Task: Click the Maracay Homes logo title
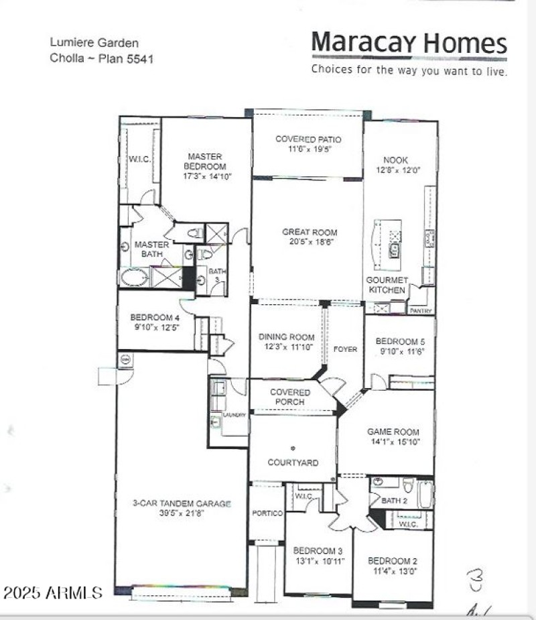coord(409,44)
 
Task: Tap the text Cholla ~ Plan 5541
coord(102,58)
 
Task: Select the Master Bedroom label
coord(205,162)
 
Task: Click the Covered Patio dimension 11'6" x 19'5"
coord(308,149)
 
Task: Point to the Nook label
coord(395,160)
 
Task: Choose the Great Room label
coord(309,233)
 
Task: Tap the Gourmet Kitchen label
coord(387,285)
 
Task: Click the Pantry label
coord(422,311)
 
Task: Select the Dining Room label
coord(287,337)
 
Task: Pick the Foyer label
coord(346,349)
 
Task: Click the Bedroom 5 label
coord(400,341)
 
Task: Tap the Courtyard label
coord(293,462)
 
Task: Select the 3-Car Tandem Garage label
coord(182,503)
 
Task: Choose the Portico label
coord(267,513)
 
